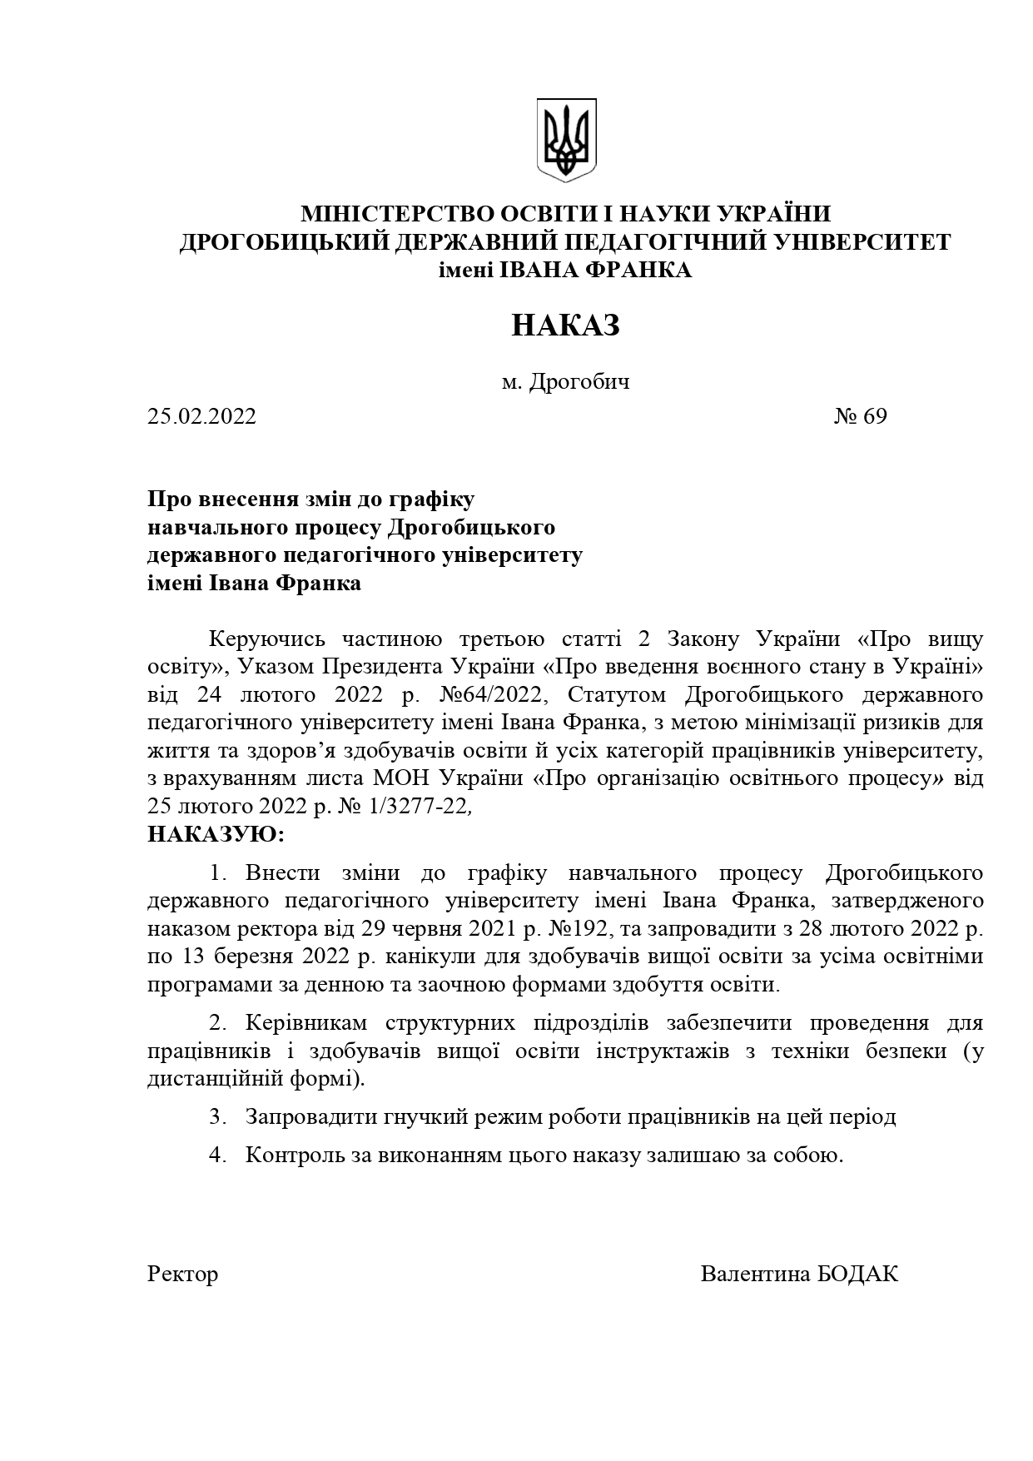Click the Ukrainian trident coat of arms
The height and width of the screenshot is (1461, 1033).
point(566,140)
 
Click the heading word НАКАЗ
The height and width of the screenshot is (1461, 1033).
point(565,325)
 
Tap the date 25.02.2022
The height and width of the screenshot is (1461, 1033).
point(202,416)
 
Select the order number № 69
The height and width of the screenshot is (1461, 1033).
point(861,416)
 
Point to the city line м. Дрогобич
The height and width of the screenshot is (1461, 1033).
point(565,382)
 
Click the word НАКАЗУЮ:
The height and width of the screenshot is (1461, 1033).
point(216,834)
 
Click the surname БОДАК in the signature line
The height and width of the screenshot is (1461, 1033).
point(861,1275)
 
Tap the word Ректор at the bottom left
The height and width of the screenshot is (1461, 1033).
point(182,1275)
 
